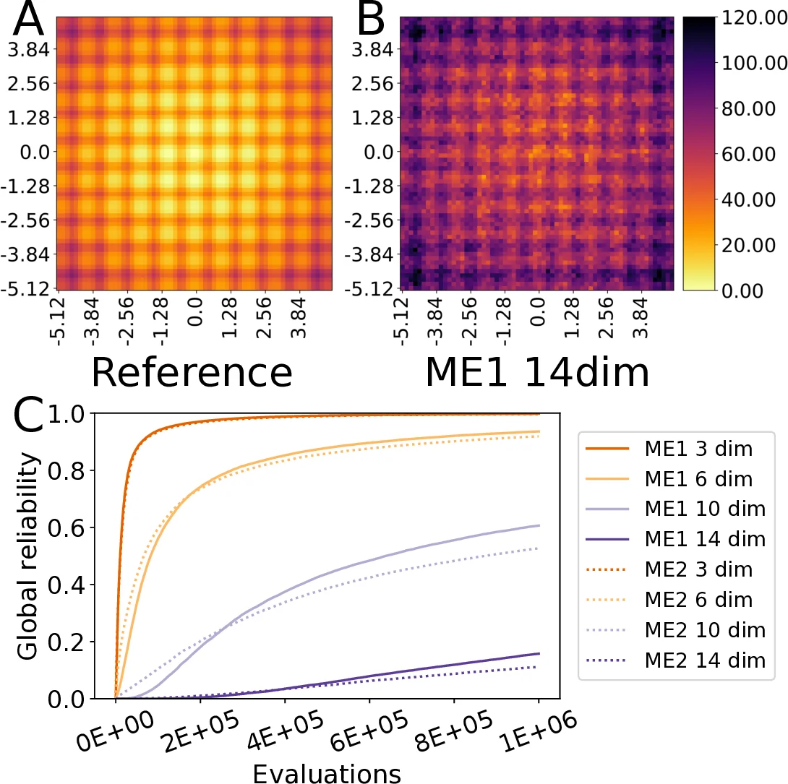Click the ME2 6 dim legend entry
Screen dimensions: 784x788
point(679,599)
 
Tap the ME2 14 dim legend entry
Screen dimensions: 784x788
point(682,660)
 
